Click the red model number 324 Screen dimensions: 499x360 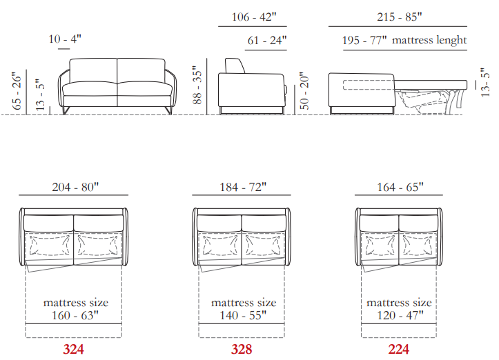tap(74, 349)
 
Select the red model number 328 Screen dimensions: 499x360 tap(242, 349)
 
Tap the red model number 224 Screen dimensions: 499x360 tap(398, 349)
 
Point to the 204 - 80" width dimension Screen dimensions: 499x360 tap(75, 187)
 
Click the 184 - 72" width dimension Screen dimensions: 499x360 tap(243, 187)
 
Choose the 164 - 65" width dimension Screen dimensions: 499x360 tap(400, 187)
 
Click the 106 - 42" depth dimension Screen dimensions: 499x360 tap(254, 17)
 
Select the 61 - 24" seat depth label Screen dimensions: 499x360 tap(267, 41)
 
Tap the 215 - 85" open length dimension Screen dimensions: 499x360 tap(400, 17)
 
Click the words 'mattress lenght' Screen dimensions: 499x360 tap(429, 41)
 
